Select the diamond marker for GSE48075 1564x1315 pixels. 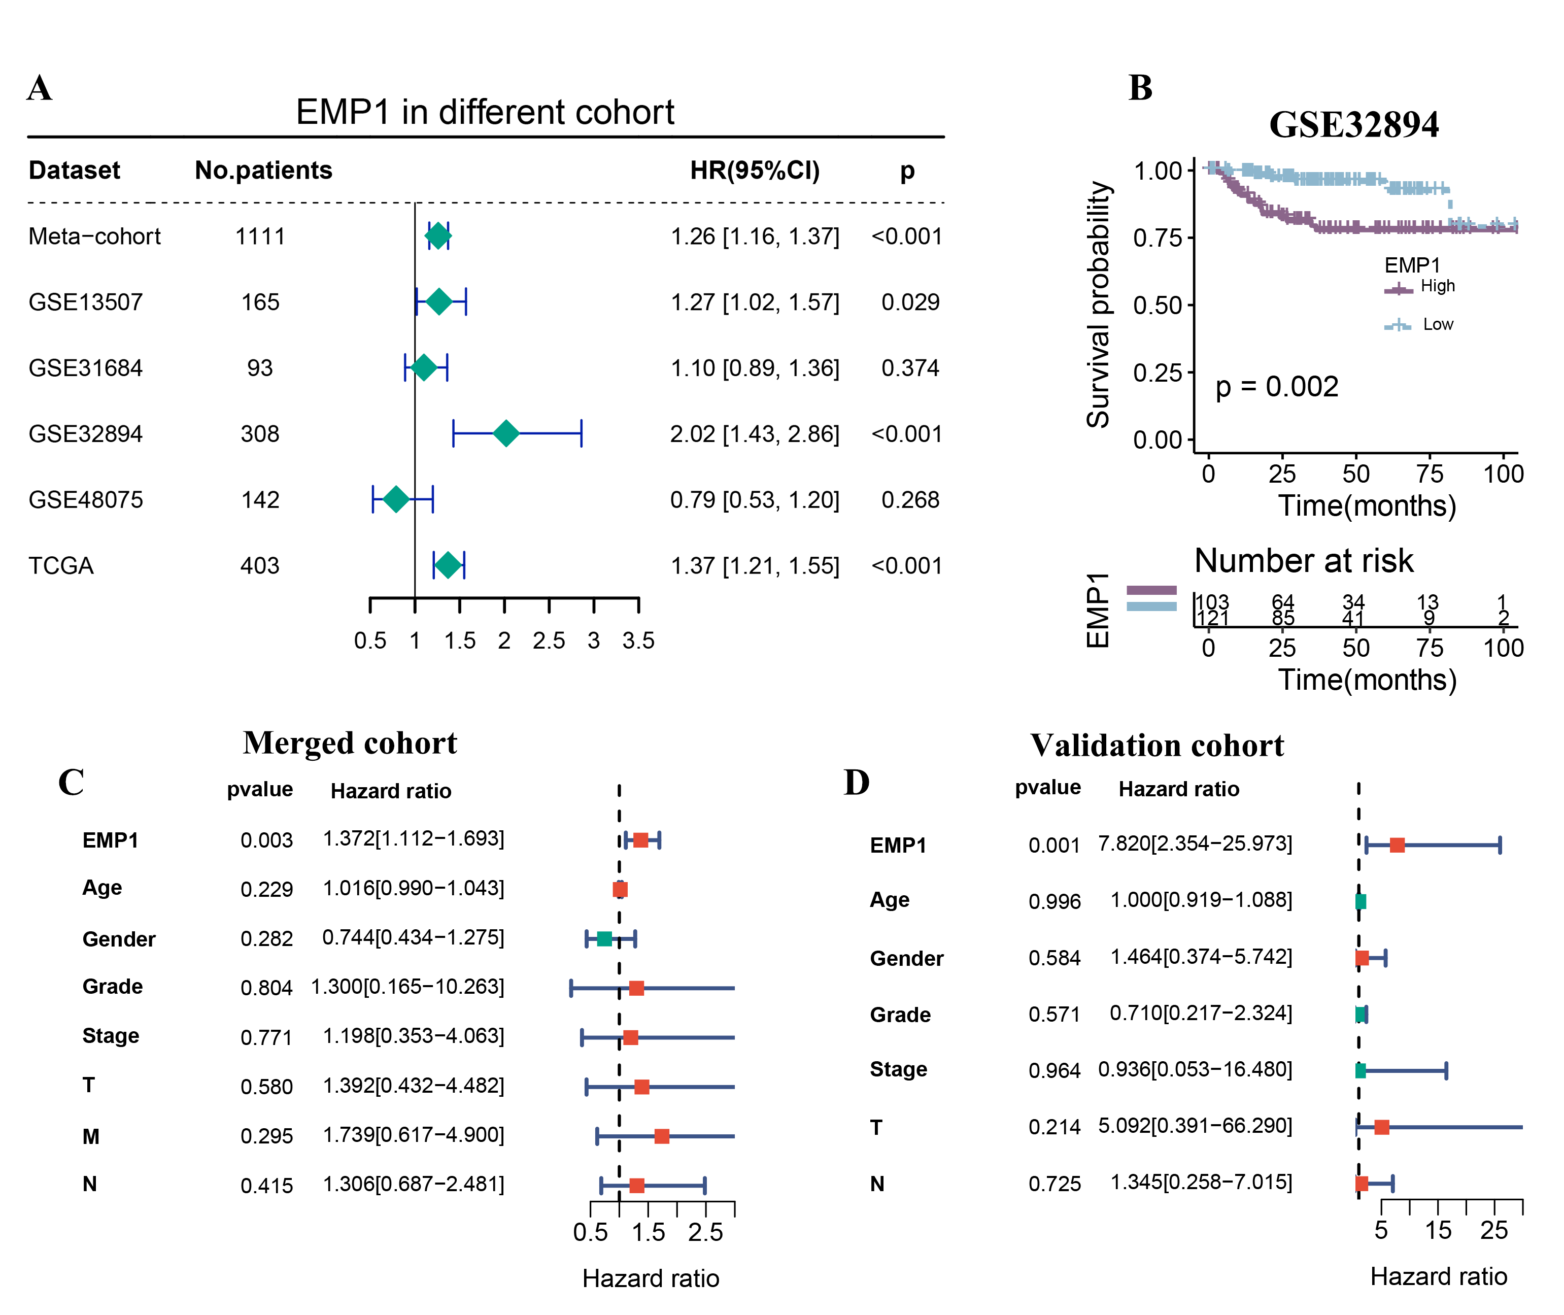pyautogui.click(x=396, y=499)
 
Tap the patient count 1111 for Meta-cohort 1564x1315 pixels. pyautogui.click(x=260, y=237)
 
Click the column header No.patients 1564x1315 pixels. pyautogui.click(x=263, y=171)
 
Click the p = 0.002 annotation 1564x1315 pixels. pyautogui.click(x=1276, y=386)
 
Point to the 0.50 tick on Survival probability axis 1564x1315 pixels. pyautogui.click(x=1157, y=305)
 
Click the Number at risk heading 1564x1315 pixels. pyautogui.click(x=1303, y=561)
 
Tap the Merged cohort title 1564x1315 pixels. pyautogui.click(x=350, y=743)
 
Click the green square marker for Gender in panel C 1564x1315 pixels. pyautogui.click(x=604, y=938)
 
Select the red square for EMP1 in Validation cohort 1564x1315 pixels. pyautogui.click(x=1397, y=845)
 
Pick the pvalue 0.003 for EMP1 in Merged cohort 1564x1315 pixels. pyautogui.click(x=266, y=840)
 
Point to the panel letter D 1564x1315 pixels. pyautogui.click(x=857, y=783)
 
